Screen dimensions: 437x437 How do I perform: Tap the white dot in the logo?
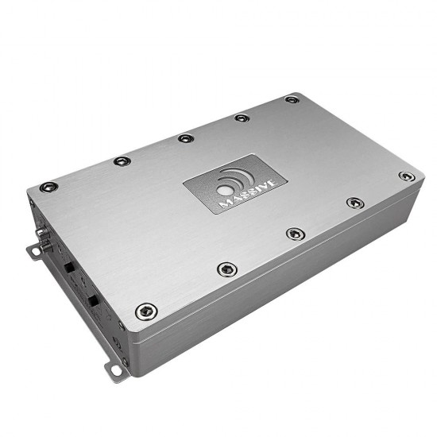pyautogui.click(x=225, y=191)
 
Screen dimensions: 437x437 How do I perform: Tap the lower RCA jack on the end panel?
pyautogui.click(x=46, y=246)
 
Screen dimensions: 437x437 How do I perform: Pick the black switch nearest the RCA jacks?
pyautogui.click(x=69, y=268)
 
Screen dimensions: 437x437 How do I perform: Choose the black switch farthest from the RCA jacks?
pyautogui.click(x=93, y=300)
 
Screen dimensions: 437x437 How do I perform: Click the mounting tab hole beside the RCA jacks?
pyautogui.click(x=36, y=252)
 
